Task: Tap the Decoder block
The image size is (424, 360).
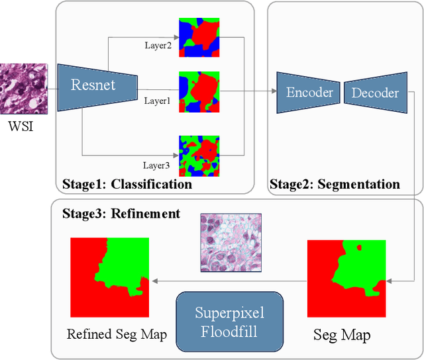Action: (x=376, y=93)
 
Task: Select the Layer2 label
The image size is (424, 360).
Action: (x=158, y=46)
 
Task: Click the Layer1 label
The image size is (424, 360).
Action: (x=158, y=100)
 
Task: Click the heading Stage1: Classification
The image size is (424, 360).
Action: (x=127, y=184)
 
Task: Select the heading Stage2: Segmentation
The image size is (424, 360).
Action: (x=336, y=184)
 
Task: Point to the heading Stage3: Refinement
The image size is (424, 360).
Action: (x=121, y=213)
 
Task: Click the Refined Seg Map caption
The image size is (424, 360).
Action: (x=117, y=335)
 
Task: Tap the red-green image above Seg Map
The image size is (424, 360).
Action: (x=346, y=279)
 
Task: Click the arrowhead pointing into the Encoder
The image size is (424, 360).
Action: (x=273, y=93)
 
